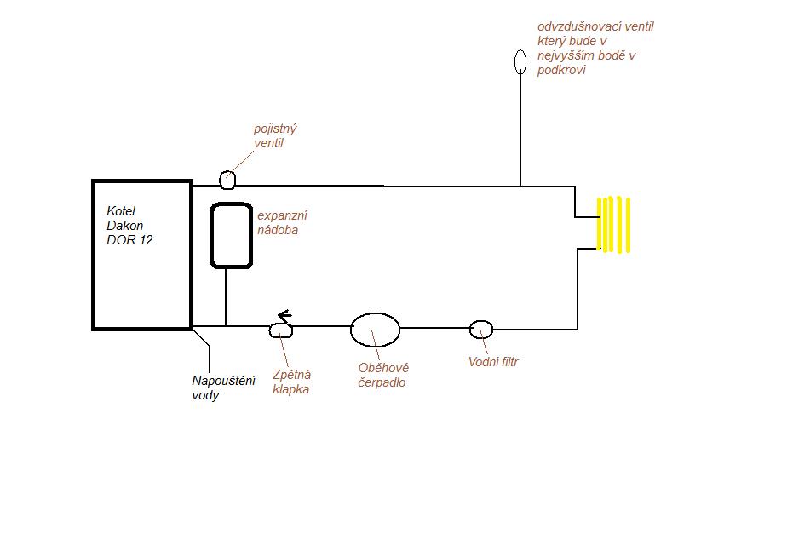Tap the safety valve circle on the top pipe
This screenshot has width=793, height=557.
click(x=227, y=180)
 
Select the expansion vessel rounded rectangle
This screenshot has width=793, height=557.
click(x=231, y=235)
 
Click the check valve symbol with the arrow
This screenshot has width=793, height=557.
click(x=280, y=330)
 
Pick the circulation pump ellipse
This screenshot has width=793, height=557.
click(x=375, y=329)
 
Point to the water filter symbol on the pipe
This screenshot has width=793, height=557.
click(x=481, y=329)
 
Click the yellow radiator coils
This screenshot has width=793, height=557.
click(x=613, y=225)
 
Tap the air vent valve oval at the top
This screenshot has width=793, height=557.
click(x=520, y=61)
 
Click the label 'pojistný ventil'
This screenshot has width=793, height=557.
click(x=275, y=136)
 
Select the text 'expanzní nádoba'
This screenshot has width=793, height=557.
click(x=278, y=222)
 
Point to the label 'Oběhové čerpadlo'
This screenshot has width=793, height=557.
click(x=383, y=375)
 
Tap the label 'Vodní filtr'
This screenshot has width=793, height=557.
click(x=493, y=362)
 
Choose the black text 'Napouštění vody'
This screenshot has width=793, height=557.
click(x=223, y=388)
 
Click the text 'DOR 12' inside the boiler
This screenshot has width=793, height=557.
click(x=129, y=239)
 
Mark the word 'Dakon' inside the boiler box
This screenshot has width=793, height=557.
click(x=124, y=225)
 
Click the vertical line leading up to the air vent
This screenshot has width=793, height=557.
click(x=520, y=128)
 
